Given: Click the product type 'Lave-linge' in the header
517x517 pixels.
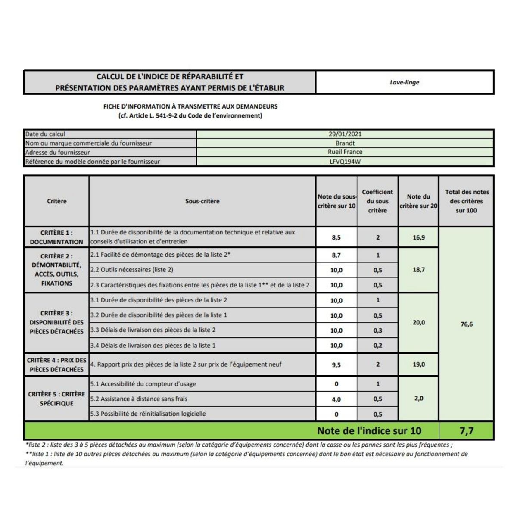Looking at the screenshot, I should click(x=404, y=82).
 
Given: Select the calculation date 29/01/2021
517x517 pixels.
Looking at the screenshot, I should click(x=345, y=134).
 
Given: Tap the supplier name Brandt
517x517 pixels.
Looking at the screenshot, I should click(x=345, y=143).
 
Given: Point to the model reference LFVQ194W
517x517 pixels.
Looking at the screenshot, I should click(x=345, y=162).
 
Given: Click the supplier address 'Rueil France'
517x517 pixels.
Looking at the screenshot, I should click(x=345, y=152).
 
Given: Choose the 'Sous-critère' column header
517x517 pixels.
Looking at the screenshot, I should click(x=202, y=201).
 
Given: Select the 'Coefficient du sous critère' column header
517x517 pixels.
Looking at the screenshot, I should click(x=377, y=201).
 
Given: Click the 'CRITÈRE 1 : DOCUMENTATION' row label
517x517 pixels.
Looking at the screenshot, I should click(x=56, y=237).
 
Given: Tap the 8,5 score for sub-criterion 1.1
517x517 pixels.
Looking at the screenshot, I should click(x=336, y=237).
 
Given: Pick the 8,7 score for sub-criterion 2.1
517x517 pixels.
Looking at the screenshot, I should click(x=336, y=255).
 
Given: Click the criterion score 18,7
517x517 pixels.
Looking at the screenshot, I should click(x=418, y=270).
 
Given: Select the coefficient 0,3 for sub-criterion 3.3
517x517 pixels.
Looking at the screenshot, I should click(x=377, y=330).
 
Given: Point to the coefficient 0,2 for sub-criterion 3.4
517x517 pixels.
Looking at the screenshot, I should click(x=377, y=346).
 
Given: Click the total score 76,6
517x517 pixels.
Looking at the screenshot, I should click(x=467, y=324).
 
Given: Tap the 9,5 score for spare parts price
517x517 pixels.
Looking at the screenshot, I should click(x=336, y=365).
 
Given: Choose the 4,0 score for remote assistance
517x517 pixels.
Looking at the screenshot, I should click(x=336, y=399).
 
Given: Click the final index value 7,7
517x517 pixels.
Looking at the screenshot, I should click(x=467, y=431).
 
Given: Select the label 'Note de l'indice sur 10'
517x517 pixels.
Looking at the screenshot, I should click(x=369, y=431).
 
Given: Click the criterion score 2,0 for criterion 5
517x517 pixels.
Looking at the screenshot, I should click(x=418, y=399).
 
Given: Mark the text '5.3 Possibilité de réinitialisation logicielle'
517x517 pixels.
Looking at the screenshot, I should click(x=148, y=414).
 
